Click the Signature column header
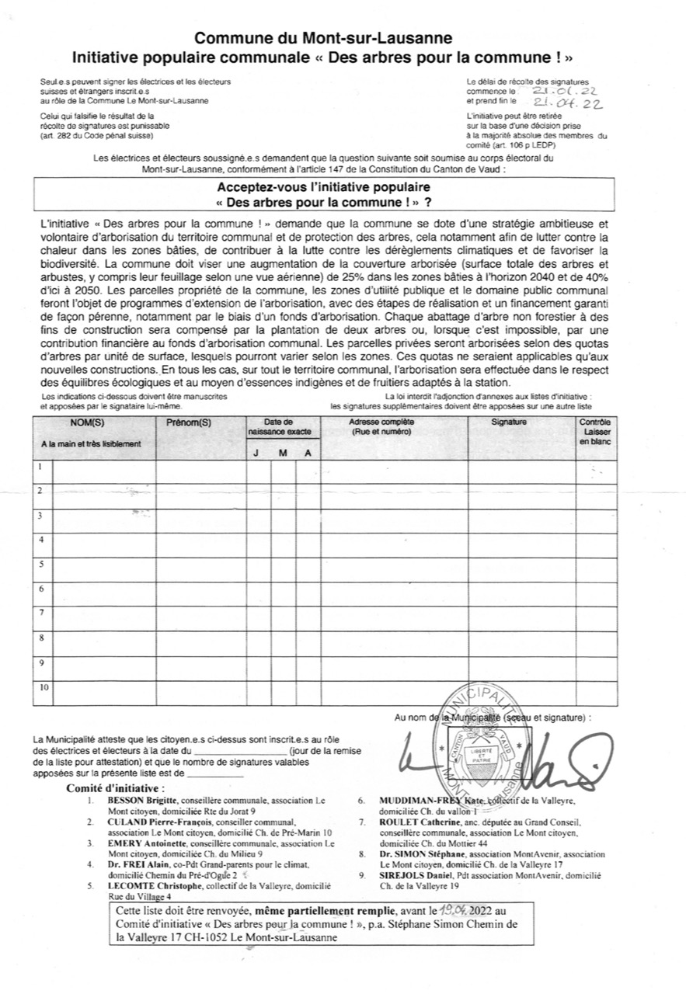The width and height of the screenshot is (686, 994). tap(509, 422)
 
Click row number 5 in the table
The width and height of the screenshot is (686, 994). tap(41, 565)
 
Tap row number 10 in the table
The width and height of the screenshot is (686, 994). tap(44, 687)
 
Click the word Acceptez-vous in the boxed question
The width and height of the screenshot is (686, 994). tap(258, 187)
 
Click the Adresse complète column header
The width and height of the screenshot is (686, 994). tap(381, 425)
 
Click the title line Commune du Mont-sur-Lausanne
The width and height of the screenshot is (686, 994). tap(322, 38)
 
